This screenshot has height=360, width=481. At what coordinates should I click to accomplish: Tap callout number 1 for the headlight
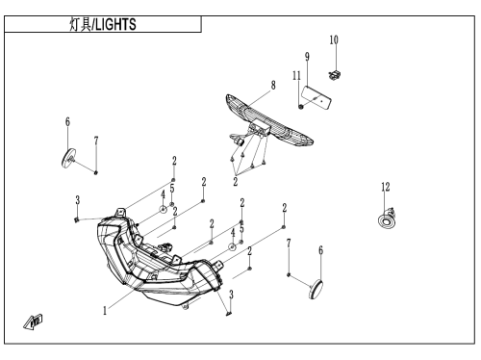pyautogui.click(x=105, y=311)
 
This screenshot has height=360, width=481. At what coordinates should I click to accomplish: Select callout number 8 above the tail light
pyautogui.click(x=273, y=86)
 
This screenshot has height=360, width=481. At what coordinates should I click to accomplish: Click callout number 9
pyautogui.click(x=307, y=57)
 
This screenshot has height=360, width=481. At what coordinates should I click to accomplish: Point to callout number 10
pyautogui.click(x=334, y=39)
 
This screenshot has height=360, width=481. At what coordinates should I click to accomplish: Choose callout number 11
pyautogui.click(x=296, y=76)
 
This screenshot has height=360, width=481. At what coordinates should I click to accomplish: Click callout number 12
pyautogui.click(x=386, y=187)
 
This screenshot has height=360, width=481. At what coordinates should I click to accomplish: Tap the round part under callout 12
pyautogui.click(x=387, y=219)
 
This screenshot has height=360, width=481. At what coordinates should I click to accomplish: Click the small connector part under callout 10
pyautogui.click(x=335, y=75)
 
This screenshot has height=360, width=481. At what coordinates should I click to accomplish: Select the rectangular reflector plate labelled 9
pyautogui.click(x=316, y=98)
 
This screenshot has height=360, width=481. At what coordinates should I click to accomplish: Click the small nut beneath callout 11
pyautogui.click(x=301, y=107)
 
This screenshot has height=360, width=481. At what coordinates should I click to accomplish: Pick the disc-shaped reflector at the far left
pyautogui.click(x=68, y=158)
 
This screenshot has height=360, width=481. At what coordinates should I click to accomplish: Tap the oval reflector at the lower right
pyautogui.click(x=316, y=290)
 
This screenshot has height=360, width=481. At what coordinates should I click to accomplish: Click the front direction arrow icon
pyautogui.click(x=33, y=321)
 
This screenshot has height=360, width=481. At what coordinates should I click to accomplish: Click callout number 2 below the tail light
pyautogui.click(x=236, y=182)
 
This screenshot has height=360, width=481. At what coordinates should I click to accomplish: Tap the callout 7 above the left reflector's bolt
pyautogui.click(x=96, y=141)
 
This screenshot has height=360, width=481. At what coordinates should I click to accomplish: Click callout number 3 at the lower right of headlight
pyautogui.click(x=231, y=295)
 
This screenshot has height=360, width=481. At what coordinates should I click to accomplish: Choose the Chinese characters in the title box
pyautogui.click(x=80, y=24)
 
